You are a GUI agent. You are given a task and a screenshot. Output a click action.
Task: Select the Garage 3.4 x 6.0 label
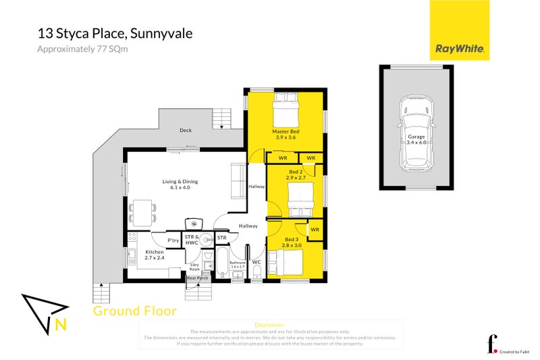click(x=416, y=140)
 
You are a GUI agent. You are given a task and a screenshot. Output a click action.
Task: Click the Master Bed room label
click(x=286, y=134)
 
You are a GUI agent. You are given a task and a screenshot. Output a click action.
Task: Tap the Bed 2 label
click(x=296, y=175)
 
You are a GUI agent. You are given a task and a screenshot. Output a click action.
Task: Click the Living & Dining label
click(x=180, y=184)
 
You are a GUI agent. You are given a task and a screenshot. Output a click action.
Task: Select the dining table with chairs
click(x=142, y=211)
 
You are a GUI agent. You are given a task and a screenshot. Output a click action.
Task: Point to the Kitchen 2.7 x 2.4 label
click(x=155, y=255)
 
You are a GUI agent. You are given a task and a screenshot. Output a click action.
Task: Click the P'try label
click(x=173, y=240)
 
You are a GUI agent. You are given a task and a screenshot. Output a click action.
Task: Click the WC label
click(x=256, y=261)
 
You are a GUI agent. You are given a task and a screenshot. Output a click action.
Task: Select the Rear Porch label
click(x=197, y=278)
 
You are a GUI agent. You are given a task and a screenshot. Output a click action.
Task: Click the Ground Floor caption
click(x=134, y=311)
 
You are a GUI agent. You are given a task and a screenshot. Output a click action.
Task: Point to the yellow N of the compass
click(x=60, y=325)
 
